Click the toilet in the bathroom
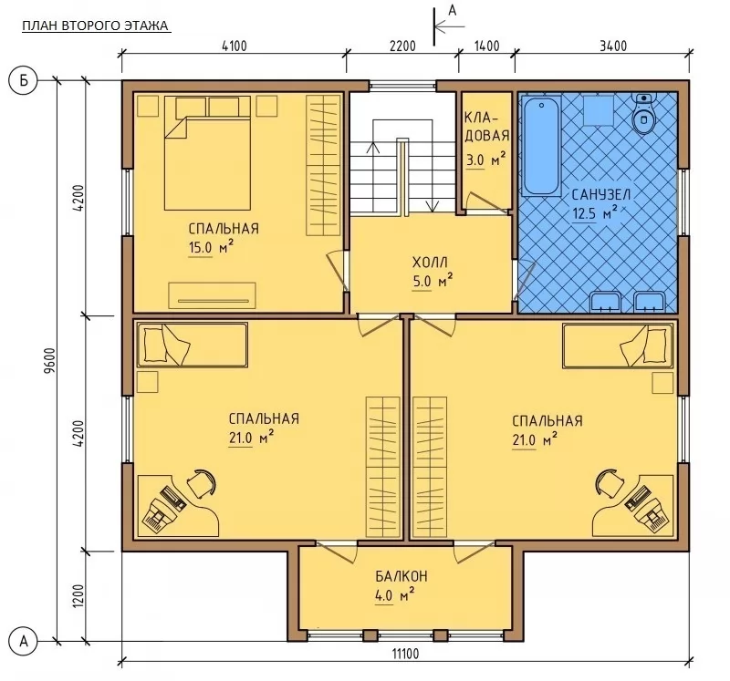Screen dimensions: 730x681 click(644, 114)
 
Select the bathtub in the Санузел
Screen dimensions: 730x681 click(541, 145)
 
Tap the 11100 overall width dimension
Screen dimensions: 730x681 click(405, 654)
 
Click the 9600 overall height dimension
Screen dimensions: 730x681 click(51, 360)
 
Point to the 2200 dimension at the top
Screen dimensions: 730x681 click(402, 46)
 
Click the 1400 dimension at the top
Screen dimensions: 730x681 click(486, 46)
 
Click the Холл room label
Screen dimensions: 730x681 click(430, 263)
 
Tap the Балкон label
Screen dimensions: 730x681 click(401, 576)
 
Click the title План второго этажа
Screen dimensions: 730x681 click(96, 26)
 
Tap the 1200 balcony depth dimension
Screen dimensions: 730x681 click(78, 596)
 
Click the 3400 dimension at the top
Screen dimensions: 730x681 click(613, 46)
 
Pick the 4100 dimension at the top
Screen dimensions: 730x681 click(235, 46)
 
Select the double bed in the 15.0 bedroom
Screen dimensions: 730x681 click(208, 152)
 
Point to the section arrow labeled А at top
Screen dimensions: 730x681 click(449, 26)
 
